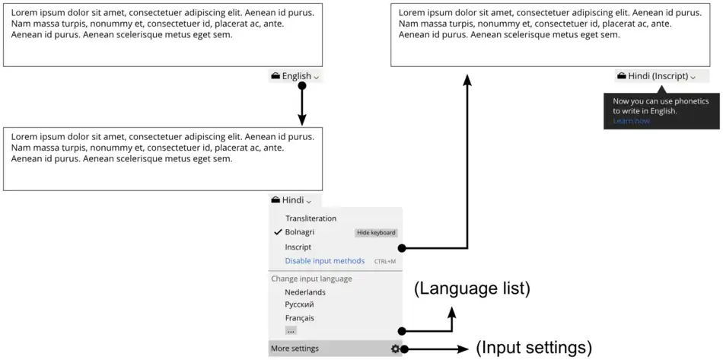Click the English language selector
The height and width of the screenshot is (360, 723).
[x=295, y=76]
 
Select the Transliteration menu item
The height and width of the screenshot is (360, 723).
[x=311, y=218]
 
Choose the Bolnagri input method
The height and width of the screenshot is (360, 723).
[x=300, y=232]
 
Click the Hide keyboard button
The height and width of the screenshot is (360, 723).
[x=376, y=233]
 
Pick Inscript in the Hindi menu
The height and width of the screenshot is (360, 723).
[x=298, y=247]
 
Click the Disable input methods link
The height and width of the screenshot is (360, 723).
[x=325, y=261]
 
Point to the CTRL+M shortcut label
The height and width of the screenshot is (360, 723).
[x=385, y=262]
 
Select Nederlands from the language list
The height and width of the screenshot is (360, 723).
[x=305, y=292]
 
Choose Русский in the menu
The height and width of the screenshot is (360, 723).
[x=300, y=305]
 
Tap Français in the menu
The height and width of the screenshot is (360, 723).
[x=300, y=318]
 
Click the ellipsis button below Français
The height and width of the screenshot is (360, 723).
[x=291, y=331]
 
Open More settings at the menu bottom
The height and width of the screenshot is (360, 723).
[x=295, y=349]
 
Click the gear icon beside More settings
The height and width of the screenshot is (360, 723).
[x=395, y=349]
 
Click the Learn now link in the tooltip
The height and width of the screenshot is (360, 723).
[x=632, y=121]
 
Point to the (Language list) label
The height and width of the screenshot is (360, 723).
[x=472, y=289]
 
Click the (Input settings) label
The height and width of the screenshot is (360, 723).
[x=533, y=348]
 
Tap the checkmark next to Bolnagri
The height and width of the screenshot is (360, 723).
[x=278, y=232]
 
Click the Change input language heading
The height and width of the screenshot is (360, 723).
[x=311, y=279]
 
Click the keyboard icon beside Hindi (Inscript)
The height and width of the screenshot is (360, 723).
[x=622, y=76]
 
